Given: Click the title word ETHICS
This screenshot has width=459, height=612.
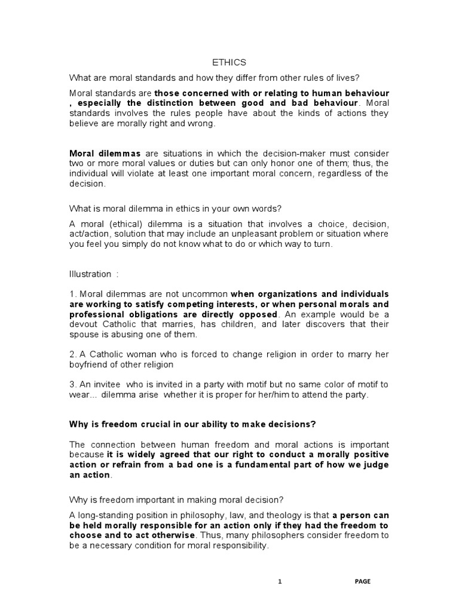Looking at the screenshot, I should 229,62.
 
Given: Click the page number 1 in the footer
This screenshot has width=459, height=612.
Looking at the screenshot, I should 280,582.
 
